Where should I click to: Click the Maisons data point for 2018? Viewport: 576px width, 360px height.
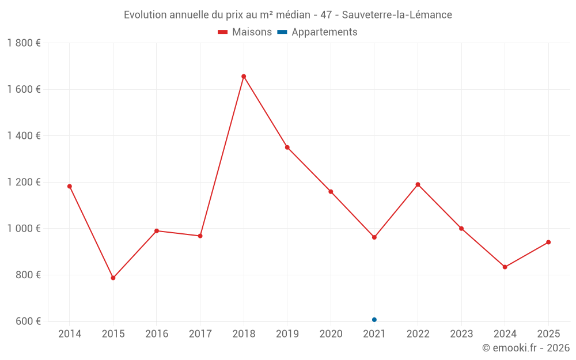pyautogui.click(x=244, y=77)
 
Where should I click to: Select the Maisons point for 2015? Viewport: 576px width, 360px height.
pyautogui.click(x=113, y=278)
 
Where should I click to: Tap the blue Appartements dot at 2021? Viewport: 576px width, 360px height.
pyautogui.click(x=374, y=320)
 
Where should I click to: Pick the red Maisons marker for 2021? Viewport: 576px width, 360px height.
pyautogui.click(x=374, y=237)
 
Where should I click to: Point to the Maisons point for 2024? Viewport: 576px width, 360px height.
pyautogui.click(x=505, y=267)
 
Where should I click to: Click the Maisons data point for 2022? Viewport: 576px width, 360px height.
pyautogui.click(x=418, y=184)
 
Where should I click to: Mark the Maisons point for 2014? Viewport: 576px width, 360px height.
pyautogui.click(x=70, y=187)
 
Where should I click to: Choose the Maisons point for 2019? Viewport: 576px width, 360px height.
pyautogui.click(x=287, y=147)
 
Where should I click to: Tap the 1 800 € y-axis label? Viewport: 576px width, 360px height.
pyautogui.click(x=24, y=43)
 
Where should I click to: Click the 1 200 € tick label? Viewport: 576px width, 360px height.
pyautogui.click(x=24, y=182)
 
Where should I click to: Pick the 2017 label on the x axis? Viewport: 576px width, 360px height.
pyautogui.click(x=200, y=334)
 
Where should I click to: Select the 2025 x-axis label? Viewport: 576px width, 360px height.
pyautogui.click(x=548, y=334)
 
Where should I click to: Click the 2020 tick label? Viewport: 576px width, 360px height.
pyautogui.click(x=331, y=334)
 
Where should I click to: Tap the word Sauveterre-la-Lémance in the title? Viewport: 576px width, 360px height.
pyautogui.click(x=397, y=14)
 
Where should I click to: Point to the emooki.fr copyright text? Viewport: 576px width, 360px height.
pyautogui.click(x=526, y=348)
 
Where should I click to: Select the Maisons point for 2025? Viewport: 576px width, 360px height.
pyautogui.click(x=548, y=242)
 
